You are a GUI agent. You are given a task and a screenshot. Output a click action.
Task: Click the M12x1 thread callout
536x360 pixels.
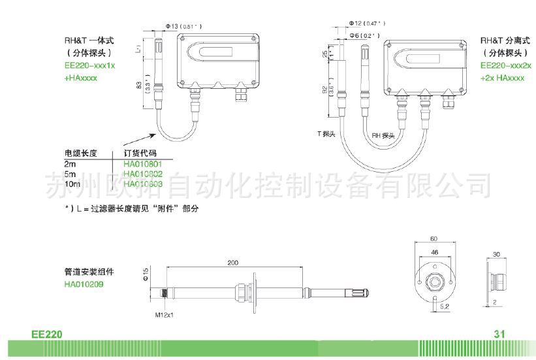pyautogui.click(x=164, y=315)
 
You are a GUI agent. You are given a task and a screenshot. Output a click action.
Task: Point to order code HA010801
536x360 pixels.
pyautogui.click(x=142, y=163)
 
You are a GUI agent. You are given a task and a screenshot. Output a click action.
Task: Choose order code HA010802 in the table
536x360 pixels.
pyautogui.click(x=142, y=174)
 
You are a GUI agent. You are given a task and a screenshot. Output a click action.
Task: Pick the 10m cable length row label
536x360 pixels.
pyautogui.click(x=72, y=184)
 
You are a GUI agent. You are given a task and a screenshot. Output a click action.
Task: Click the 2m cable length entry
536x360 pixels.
pyautogui.click(x=70, y=163)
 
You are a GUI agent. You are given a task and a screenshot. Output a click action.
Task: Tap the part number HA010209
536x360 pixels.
pyautogui.click(x=84, y=284)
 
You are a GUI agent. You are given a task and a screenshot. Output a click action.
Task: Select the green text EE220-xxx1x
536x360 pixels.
pyautogui.click(x=87, y=66)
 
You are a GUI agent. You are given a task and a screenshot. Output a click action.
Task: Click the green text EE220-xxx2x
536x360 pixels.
pyautogui.click(x=506, y=66)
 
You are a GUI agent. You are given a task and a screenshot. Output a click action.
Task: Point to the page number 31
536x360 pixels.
pyautogui.click(x=500, y=334)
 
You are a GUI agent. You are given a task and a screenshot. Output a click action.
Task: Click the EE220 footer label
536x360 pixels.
pyautogui.click(x=46, y=334)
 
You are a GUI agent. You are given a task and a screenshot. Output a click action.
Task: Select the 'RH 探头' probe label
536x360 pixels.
pyautogui.click(x=384, y=135)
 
